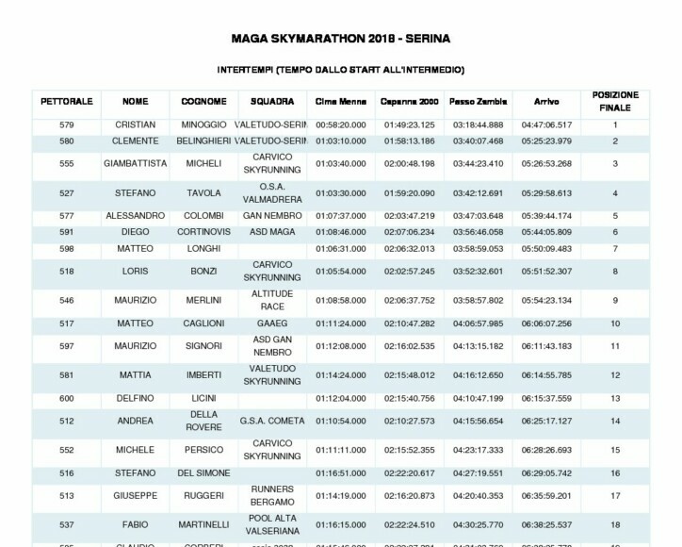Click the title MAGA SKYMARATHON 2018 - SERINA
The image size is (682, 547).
[340, 40]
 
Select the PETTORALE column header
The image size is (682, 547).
[66, 101]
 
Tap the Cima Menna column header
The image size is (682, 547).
[340, 101]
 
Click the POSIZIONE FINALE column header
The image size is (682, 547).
[615, 101]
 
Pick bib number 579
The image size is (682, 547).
[66, 124]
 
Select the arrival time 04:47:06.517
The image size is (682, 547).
[546, 124]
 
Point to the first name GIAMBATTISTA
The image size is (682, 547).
[135, 163]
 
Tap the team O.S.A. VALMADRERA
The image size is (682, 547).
[272, 192]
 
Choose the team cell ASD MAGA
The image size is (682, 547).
[272, 231]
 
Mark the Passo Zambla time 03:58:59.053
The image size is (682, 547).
[478, 248]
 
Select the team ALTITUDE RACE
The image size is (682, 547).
[272, 300]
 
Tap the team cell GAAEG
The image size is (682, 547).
[272, 323]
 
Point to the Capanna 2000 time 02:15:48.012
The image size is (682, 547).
[410, 374]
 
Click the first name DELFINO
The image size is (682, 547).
[135, 398]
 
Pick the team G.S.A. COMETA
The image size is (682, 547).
[272, 421]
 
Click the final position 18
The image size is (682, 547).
[615, 524]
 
